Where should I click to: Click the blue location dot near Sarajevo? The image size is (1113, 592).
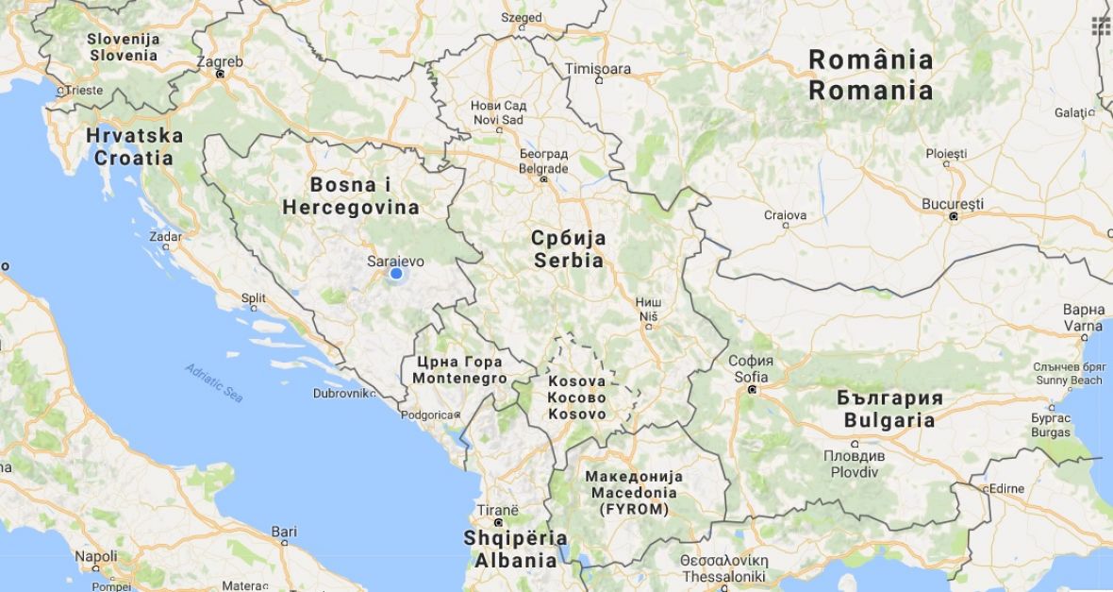pyautogui.click(x=396, y=274)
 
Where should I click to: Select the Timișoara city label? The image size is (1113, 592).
pyautogui.click(x=598, y=69)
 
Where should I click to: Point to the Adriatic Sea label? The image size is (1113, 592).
pyautogui.click(x=214, y=382)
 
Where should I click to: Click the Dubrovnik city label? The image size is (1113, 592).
pyautogui.click(x=340, y=393)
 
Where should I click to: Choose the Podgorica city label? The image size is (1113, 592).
pyautogui.click(x=427, y=414)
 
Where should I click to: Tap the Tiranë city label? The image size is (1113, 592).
pyautogui.click(x=497, y=510)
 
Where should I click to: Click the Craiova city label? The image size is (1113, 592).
pyautogui.click(x=785, y=215)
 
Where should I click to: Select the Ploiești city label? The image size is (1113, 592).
pyautogui.click(x=946, y=153)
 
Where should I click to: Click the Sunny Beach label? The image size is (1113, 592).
pyautogui.click(x=1069, y=381)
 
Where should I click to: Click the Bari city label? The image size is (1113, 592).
pyautogui.click(x=284, y=533)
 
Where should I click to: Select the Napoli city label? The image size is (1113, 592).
pyautogui.click(x=96, y=557)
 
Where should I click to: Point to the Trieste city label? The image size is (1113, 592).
pyautogui.click(x=84, y=91)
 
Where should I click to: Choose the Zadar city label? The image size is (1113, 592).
pyautogui.click(x=165, y=236)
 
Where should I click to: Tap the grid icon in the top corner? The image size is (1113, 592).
pyautogui.click(x=1101, y=25)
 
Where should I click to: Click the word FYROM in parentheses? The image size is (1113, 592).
pyautogui.click(x=634, y=509)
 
